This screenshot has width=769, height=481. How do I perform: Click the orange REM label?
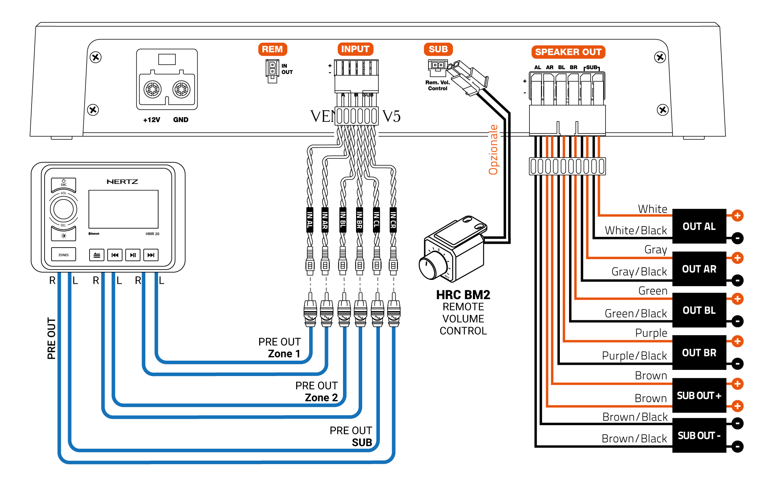click(272, 49)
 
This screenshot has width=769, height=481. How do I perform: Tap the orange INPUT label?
click(355, 49)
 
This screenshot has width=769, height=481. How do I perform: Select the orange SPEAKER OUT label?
click(568, 52)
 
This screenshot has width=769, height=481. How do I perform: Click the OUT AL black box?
click(699, 226)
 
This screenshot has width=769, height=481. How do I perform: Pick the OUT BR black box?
click(699, 353)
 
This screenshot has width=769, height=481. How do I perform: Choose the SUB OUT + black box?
click(699, 395)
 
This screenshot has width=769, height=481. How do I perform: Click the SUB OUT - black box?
click(699, 435)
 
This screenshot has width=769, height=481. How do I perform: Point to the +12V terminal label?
click(151, 120)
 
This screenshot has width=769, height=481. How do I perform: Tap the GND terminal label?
click(181, 120)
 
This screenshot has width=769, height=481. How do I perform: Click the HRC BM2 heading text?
click(463, 295)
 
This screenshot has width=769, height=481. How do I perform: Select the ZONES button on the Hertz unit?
click(63, 255)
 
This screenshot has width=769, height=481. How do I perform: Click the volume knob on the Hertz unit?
click(63, 209)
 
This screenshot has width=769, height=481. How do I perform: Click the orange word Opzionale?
click(493, 150)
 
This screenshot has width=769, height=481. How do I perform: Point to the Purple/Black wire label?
click(634, 356)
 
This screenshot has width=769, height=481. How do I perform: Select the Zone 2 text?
click(321, 398)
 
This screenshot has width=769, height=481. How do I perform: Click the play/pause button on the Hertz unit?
click(133, 255)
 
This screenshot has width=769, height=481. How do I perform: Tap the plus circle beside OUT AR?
click(737, 258)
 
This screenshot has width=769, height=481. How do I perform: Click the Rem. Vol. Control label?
click(438, 85)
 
